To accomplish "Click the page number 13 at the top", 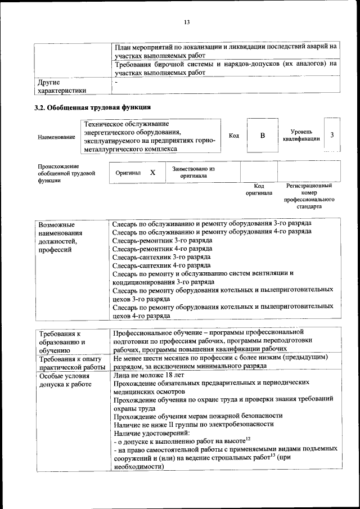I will [187, 22].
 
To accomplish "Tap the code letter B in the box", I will [262, 136].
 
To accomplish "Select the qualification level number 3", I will [332, 135].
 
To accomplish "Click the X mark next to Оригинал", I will [152, 173].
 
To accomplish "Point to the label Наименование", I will [56, 137].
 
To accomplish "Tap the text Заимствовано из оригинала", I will [193, 172].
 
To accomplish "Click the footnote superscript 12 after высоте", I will [247, 438].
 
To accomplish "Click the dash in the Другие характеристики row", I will [116, 83].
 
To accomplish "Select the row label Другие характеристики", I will [62, 87].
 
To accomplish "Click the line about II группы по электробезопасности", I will [193, 425].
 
